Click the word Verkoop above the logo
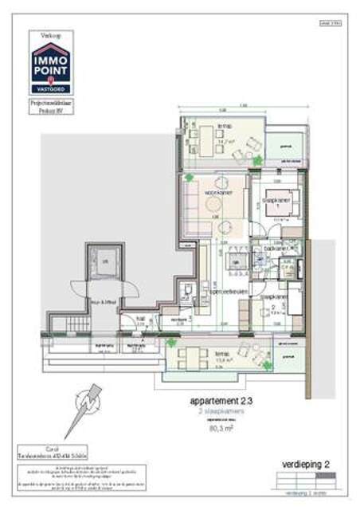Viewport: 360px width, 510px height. tap(49, 34)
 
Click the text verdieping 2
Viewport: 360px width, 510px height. tap(306, 463)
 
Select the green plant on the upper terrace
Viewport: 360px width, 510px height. tap(257, 160)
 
